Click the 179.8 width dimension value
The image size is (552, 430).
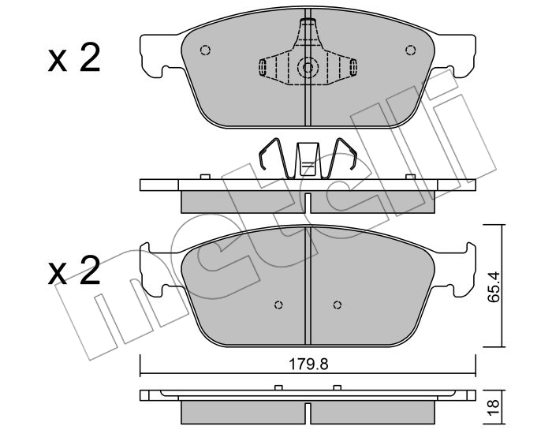click(x=308, y=365)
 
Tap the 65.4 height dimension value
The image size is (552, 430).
click(x=494, y=286)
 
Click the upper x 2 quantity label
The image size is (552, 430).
click(x=74, y=58)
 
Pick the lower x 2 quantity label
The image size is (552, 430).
click(x=74, y=270)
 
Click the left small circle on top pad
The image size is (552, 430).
click(x=205, y=50)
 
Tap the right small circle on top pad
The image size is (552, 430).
click(x=410, y=50)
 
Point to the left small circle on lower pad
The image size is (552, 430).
click(x=278, y=305)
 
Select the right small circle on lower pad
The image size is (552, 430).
click(x=338, y=305)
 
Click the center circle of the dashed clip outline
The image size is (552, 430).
click(x=308, y=68)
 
